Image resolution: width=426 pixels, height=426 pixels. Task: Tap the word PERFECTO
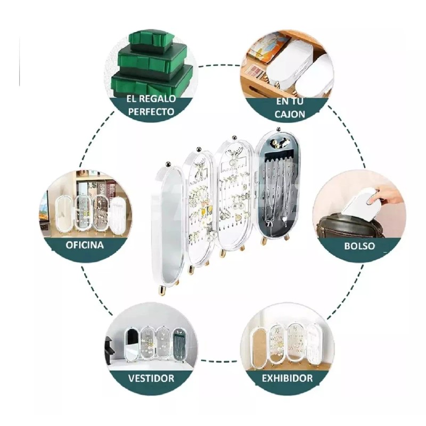click(x=151, y=112)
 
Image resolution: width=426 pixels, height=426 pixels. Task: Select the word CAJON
click(x=290, y=114)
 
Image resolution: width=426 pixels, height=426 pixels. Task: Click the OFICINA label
click(x=85, y=245)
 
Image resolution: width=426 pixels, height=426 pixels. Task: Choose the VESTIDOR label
click(x=151, y=378)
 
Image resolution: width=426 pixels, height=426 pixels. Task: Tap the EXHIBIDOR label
click(x=287, y=378)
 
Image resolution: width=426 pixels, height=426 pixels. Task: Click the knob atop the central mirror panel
click(x=169, y=163)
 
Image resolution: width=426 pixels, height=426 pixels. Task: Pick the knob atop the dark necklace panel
click(x=277, y=129)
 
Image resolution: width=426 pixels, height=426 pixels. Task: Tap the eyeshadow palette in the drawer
click(x=256, y=71)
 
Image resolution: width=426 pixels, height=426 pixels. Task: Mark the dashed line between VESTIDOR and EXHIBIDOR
click(x=219, y=361)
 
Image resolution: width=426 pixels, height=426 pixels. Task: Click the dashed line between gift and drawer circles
click(x=219, y=65)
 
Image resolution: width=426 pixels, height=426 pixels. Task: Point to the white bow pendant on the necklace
click(x=268, y=224)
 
